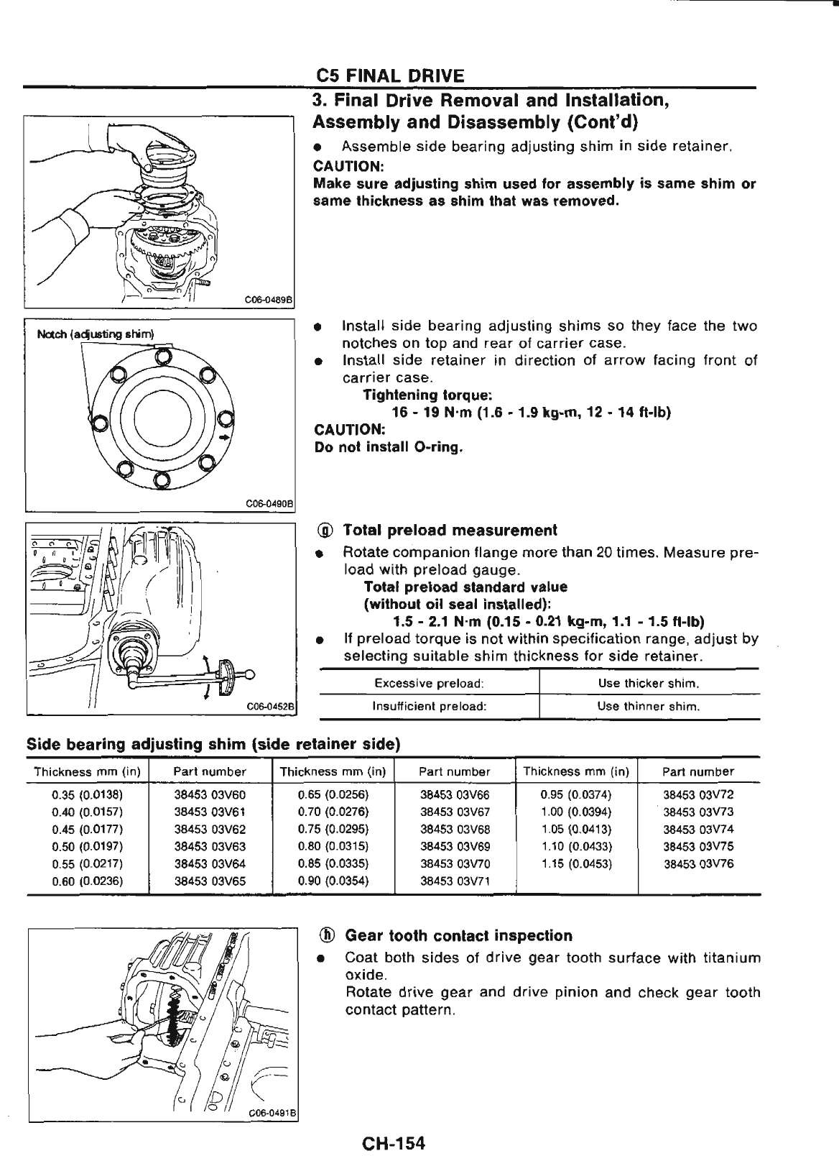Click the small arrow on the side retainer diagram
(x=226, y=436)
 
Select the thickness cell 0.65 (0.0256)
(x=333, y=795)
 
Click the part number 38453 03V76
(x=698, y=863)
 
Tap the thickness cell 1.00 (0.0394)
(x=576, y=812)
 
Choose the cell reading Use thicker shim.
(x=649, y=682)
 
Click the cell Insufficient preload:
(x=429, y=706)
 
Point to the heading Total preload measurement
(x=450, y=531)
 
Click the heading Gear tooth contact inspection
(x=458, y=936)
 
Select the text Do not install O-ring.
(x=389, y=447)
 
